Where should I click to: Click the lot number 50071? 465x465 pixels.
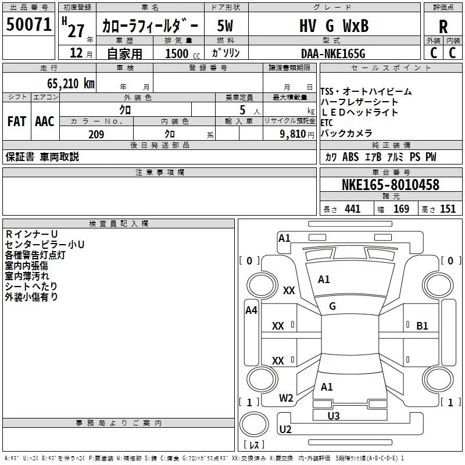point(28,24)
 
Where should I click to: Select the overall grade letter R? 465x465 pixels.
point(443,27)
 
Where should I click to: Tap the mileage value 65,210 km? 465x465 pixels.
point(71,83)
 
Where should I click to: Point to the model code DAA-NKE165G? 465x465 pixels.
point(333,53)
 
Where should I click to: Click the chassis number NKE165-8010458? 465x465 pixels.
point(391,184)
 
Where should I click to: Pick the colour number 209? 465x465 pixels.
point(96,134)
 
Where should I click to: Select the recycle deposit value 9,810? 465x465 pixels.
point(293,134)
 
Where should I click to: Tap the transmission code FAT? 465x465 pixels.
point(17,121)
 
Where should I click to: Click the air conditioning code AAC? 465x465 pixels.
point(45,121)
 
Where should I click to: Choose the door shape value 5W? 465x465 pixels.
point(225,26)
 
